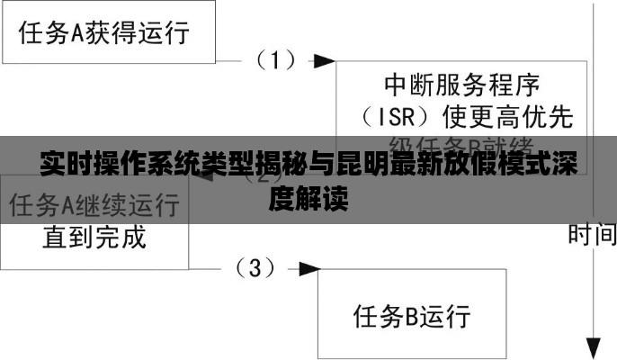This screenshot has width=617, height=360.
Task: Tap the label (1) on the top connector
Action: [276, 60]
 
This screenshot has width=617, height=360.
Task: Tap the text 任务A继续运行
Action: [94, 206]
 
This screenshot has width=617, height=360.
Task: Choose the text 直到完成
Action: [94, 238]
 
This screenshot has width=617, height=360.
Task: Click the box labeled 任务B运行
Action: [412, 317]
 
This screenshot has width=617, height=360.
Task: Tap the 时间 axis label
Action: [592, 236]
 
